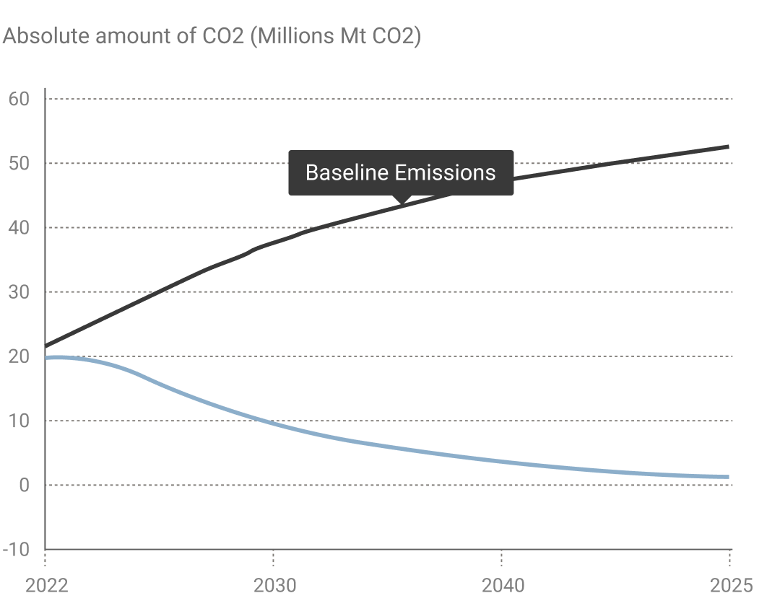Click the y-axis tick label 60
click(x=19, y=99)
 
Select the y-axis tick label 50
click(x=19, y=164)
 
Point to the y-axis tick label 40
click(x=19, y=228)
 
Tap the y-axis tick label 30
click(x=19, y=292)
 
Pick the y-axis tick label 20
click(x=19, y=356)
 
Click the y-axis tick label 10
click(x=19, y=421)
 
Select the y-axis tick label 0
click(x=25, y=485)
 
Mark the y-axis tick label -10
click(x=16, y=550)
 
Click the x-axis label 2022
click(x=46, y=585)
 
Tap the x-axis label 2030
click(x=274, y=585)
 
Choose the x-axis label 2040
click(x=503, y=585)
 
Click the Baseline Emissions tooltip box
click(x=401, y=172)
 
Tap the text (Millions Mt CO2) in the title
click(x=335, y=36)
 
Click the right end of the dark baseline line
click(x=729, y=146)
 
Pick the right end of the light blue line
click(x=729, y=477)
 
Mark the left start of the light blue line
click(x=47, y=357)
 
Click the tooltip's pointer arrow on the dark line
click(x=402, y=200)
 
